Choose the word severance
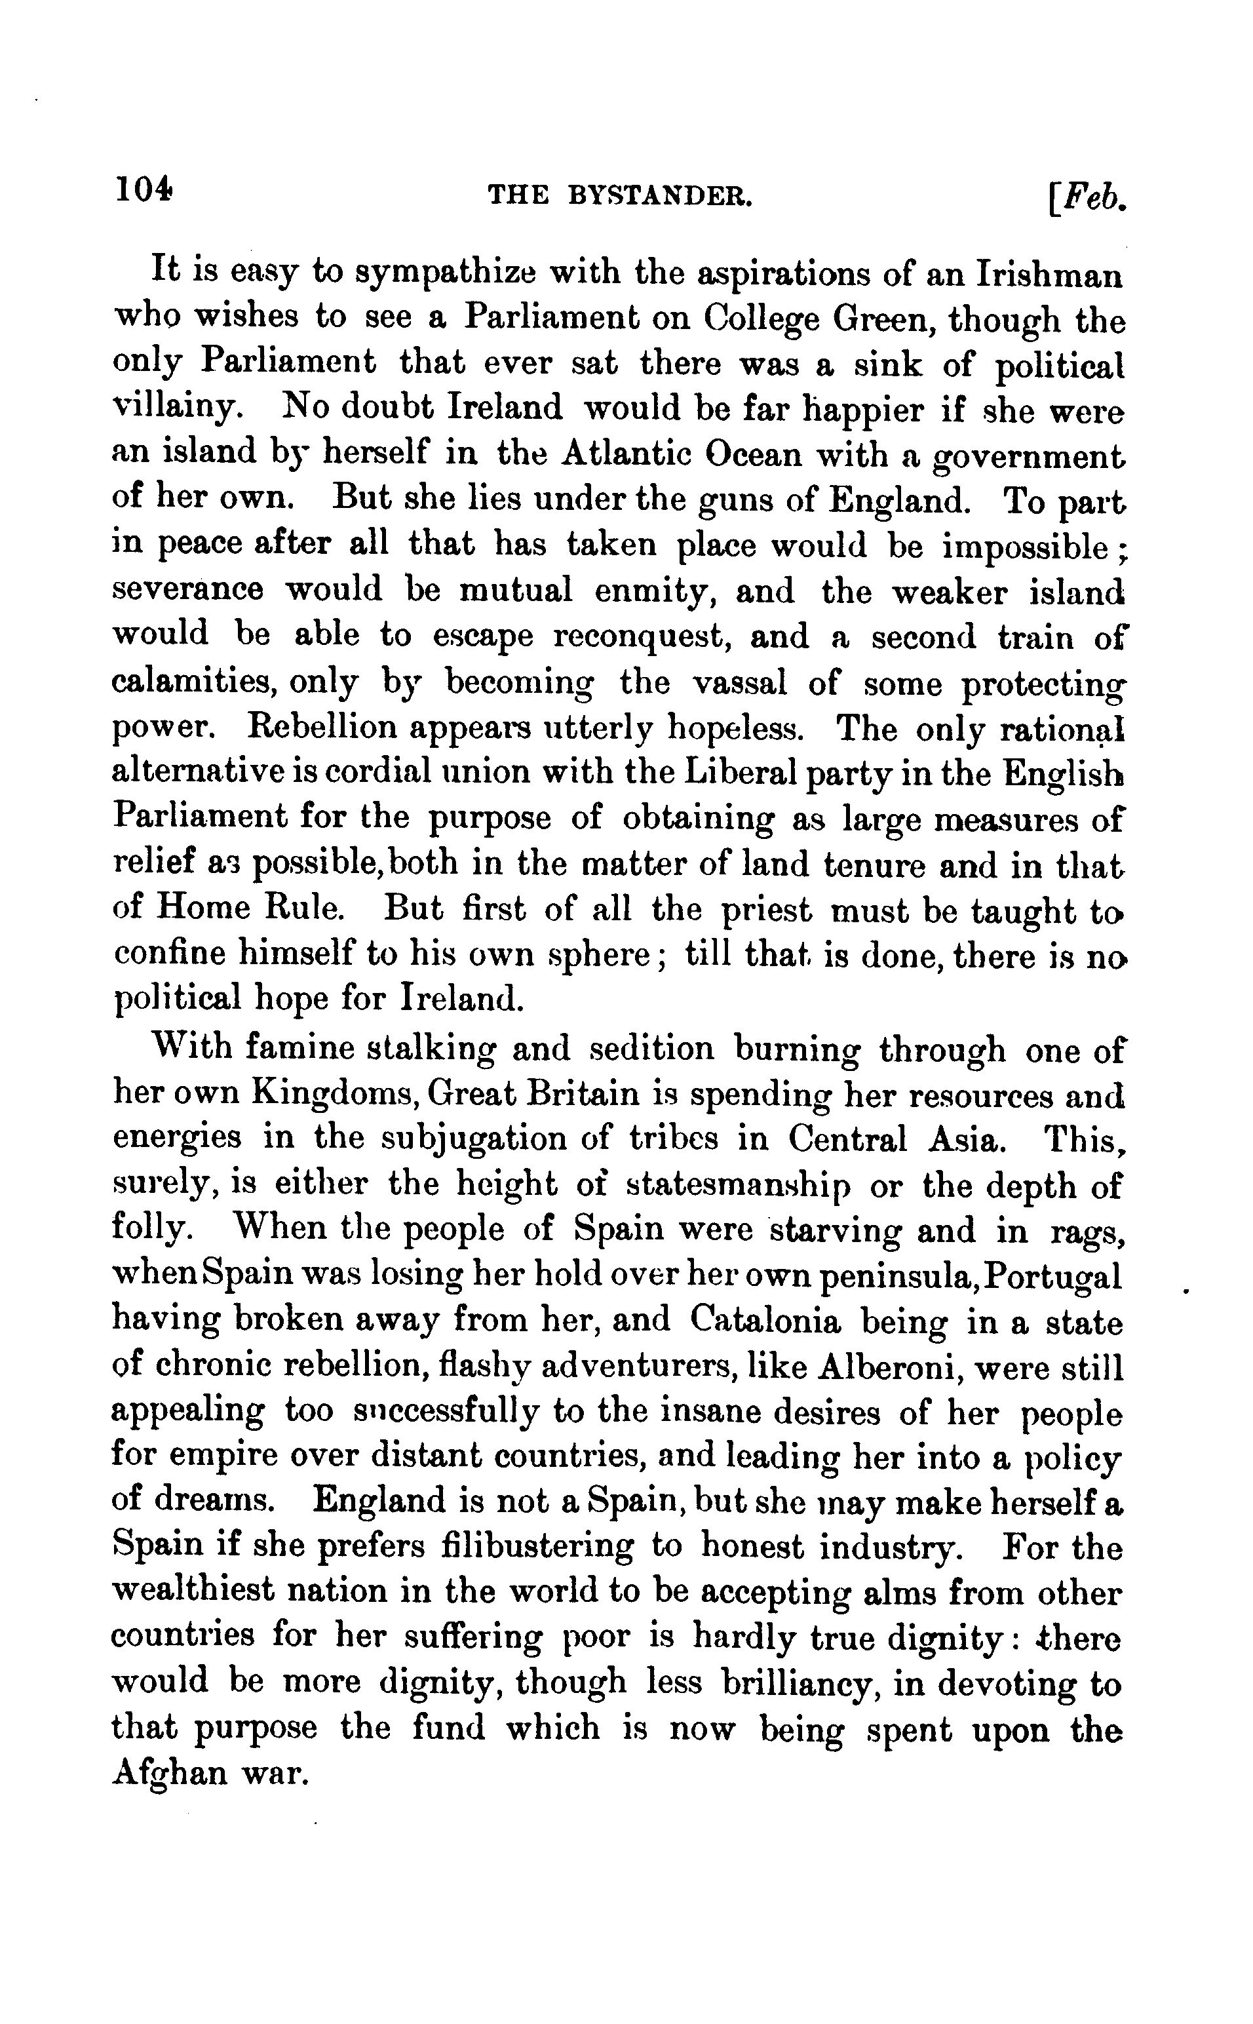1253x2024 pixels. click(x=187, y=590)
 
